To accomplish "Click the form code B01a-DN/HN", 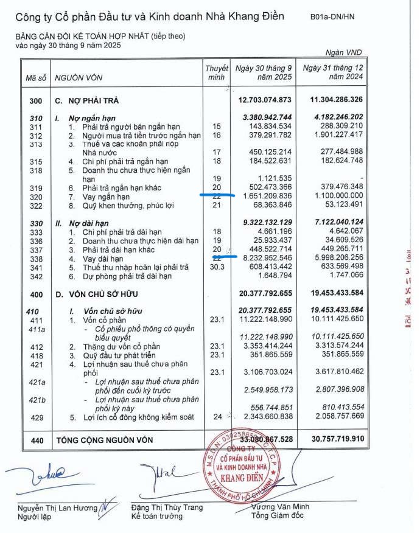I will (332, 17).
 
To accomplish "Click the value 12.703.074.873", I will (265, 100).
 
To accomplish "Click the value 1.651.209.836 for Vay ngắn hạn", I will (265, 197).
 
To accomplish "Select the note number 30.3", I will (216, 266).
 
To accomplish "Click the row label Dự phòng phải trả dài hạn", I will (128, 276).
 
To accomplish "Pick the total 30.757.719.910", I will (333, 439).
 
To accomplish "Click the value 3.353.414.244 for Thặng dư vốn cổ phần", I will (265, 346).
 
